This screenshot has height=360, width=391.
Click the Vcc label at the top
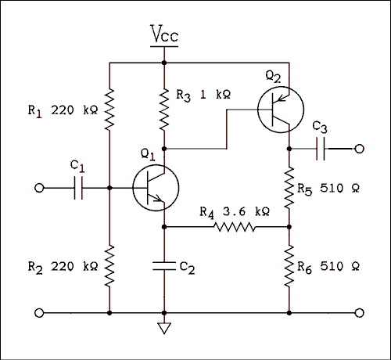(164, 34)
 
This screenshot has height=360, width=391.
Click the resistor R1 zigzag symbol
(109, 110)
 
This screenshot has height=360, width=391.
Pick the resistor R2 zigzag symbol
(109, 265)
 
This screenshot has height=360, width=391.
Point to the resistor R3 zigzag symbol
(164, 109)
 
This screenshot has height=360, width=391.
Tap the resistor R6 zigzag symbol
(289, 265)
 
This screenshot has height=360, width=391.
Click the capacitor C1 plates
(77, 188)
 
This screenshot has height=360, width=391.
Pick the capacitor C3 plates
(321, 149)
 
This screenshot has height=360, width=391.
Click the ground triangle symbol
(164, 328)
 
